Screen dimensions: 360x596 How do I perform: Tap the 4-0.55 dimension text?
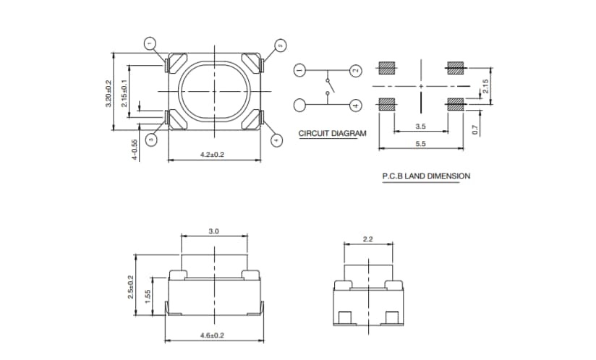pos(134,150)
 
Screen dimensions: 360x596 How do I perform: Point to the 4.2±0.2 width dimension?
pos(213,155)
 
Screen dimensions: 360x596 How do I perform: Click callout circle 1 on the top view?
pos(150,44)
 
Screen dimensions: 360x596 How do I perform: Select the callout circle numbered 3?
pos(151,140)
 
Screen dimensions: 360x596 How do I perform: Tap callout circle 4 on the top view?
pos(276,140)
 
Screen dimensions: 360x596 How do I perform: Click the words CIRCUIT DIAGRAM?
pos(332,134)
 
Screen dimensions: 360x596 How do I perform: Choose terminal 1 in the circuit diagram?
pos(300,70)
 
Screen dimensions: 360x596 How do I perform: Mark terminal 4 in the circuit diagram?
pos(355,106)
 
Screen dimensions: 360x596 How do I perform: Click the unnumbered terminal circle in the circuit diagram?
pos(300,106)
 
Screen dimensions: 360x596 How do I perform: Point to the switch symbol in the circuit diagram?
pos(329,87)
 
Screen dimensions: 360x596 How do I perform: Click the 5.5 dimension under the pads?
pos(420,143)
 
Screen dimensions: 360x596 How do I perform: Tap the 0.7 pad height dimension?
pos(474,129)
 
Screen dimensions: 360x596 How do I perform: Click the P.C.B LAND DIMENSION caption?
pos(426,176)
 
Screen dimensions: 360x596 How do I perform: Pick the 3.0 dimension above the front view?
pos(213,231)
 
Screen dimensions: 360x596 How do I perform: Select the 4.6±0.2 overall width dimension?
pos(213,335)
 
